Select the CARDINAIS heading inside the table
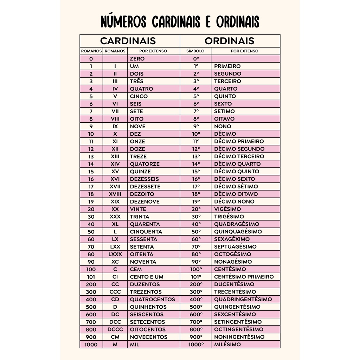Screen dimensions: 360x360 pos(128,41)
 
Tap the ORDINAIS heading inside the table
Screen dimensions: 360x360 pos(229,41)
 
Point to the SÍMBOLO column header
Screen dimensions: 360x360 pos(195,51)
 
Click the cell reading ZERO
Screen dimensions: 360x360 pos(137,59)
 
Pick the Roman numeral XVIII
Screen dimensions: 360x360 pos(115,194)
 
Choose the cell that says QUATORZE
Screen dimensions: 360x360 pos(144,164)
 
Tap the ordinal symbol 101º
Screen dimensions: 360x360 pos(196,277)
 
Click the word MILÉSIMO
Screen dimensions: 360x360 pos(227,345)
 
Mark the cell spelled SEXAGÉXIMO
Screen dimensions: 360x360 pos(232,239)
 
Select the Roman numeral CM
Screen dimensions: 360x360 pos(115,337)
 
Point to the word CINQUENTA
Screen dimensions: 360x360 pos(146,232)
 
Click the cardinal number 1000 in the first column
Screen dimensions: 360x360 pos(91,345)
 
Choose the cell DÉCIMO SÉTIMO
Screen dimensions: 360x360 pos(236,186)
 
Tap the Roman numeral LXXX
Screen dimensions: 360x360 pos(115,254)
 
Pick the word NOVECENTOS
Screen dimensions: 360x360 pos(148,337)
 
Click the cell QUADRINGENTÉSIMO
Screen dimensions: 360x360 pos(243,299)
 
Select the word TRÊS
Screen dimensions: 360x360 pos(136,81)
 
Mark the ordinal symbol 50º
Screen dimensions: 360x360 pos(196,232)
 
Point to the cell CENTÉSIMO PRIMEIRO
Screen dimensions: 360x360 pos(244,277)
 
